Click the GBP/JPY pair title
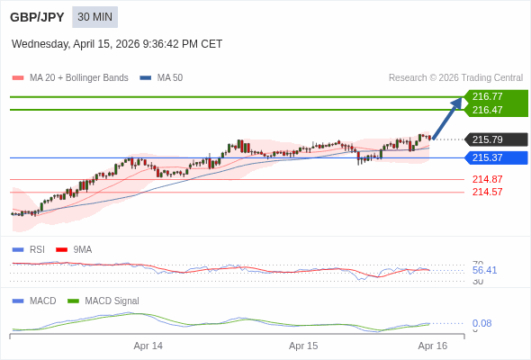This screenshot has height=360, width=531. pos(36,17)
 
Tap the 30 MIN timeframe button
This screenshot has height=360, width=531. pos(94,17)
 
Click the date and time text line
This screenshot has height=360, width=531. pos(117,44)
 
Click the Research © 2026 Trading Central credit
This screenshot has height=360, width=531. pos(455,78)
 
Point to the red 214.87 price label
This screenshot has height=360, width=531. pos(487,179)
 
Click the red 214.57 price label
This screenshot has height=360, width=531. pos(487,192)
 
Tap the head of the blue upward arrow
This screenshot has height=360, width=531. pos(458,102)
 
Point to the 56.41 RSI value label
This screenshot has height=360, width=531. pos(484,270)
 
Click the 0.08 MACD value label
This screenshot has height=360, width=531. pos(481,323)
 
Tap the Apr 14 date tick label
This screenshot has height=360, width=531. pos(148,346)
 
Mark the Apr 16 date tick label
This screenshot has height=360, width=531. pos(433,346)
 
